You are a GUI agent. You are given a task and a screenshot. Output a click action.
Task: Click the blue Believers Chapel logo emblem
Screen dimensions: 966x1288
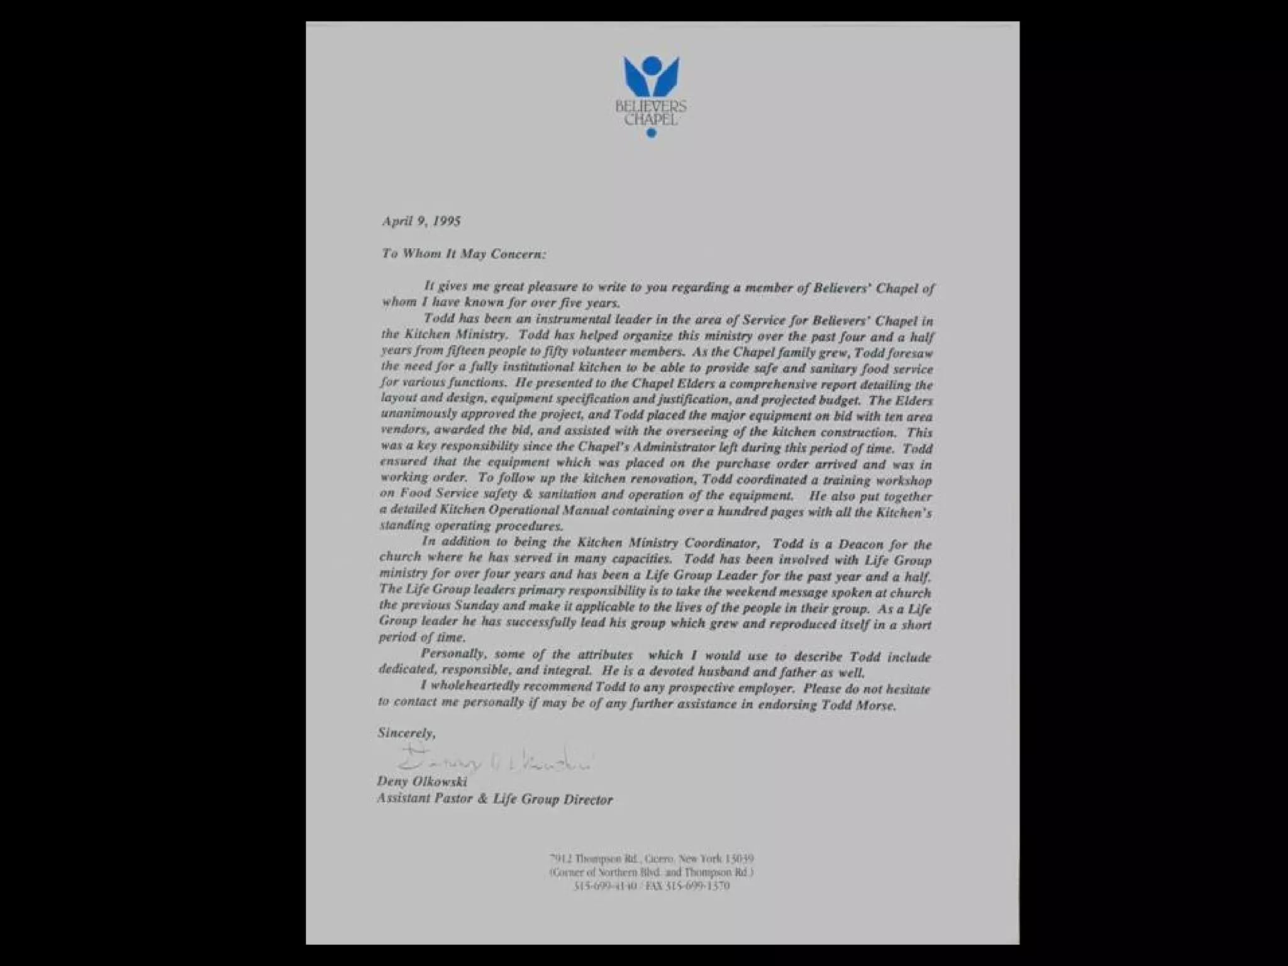[651, 79]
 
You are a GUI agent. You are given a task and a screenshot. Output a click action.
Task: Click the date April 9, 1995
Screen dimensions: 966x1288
[421, 221]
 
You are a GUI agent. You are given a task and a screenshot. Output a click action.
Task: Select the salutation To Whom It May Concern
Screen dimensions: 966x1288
[464, 253]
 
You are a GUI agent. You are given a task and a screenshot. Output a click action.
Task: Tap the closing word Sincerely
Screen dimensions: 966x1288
[406, 733]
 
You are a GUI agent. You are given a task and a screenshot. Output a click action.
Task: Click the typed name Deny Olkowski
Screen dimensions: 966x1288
[421, 782]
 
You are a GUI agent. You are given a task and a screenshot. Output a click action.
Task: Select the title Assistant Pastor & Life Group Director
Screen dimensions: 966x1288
[494, 799]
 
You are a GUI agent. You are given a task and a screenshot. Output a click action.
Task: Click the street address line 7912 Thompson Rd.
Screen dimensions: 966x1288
[651, 858]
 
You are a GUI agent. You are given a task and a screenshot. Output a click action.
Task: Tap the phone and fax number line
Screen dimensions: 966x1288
[651, 886]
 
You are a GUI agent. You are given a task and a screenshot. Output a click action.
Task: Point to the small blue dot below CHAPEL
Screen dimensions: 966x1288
[651, 133]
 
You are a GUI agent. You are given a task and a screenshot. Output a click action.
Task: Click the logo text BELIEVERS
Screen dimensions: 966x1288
[651, 107]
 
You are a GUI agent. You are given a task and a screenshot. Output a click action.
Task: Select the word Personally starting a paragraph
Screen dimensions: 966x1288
[453, 654]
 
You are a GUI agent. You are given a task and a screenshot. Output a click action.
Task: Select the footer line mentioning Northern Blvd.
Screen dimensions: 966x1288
[651, 872]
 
